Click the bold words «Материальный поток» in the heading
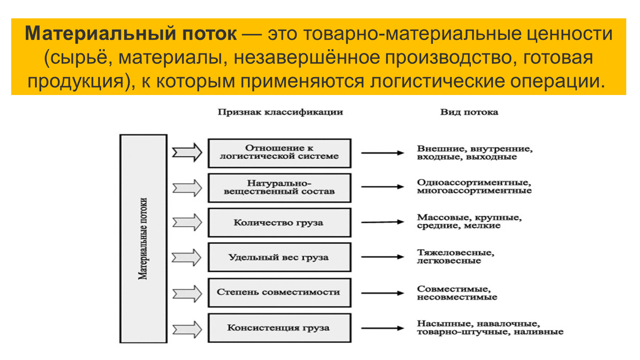click(130, 34)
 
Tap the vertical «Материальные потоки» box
click(143, 238)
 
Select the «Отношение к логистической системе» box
click(279, 153)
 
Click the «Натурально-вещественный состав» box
click(279, 187)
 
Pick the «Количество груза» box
click(279, 222)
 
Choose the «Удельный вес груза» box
click(279, 257)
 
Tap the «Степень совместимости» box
click(279, 292)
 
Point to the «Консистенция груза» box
click(279, 327)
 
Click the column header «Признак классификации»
click(280, 112)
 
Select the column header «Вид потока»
click(469, 112)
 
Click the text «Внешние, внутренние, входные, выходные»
click(475, 153)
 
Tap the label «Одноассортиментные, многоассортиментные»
click(474, 187)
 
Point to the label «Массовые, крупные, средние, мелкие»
click(469, 222)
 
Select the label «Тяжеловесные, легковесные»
click(455, 257)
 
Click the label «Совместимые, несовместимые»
click(457, 293)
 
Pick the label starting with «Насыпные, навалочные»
click(490, 328)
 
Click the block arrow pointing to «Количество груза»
click(187, 222)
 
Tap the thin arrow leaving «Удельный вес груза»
click(382, 257)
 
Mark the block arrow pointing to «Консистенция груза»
click(187, 329)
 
